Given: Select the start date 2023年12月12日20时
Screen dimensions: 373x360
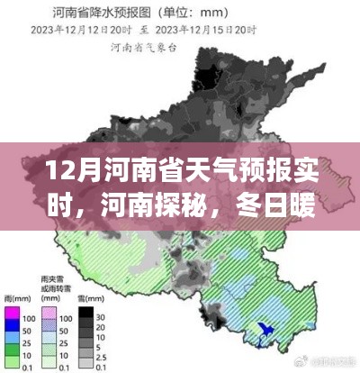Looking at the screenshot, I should (x=78, y=30).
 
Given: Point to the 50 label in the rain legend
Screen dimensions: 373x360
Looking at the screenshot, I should (x=29, y=332).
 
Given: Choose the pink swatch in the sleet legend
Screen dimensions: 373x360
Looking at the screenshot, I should (x=50, y=318).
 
